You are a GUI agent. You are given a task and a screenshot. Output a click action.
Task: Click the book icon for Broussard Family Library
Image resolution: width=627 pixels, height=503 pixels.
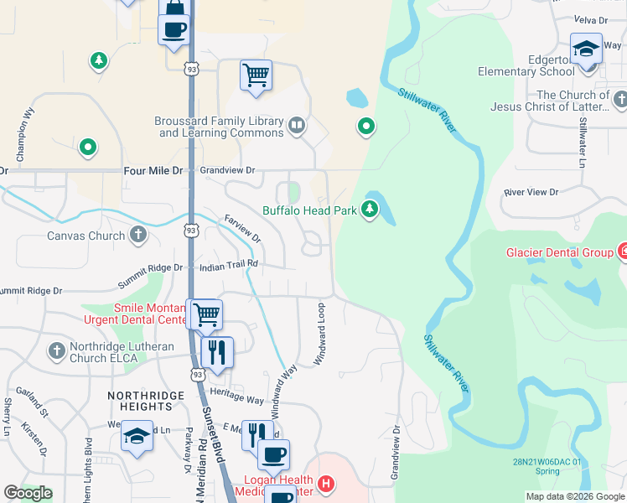click(295, 127)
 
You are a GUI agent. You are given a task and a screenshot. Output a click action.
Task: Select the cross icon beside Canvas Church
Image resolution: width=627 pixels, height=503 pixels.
click(139, 236)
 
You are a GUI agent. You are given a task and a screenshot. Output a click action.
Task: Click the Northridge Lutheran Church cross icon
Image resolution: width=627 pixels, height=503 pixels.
click(56, 350)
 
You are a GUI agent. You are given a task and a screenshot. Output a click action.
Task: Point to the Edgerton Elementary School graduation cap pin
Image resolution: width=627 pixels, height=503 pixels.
click(586, 49)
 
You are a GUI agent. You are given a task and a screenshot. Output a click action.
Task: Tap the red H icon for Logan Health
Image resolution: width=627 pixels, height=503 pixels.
click(326, 485)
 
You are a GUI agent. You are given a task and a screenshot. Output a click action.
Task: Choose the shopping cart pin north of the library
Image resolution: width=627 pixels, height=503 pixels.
click(256, 75)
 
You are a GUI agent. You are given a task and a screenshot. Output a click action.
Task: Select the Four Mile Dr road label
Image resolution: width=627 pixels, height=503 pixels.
click(152, 170)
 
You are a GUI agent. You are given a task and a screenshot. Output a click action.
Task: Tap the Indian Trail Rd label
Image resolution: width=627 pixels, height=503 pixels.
click(228, 265)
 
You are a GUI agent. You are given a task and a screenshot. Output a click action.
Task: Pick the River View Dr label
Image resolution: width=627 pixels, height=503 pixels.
click(531, 192)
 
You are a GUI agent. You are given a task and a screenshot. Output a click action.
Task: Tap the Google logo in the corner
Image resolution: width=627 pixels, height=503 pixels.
click(28, 493)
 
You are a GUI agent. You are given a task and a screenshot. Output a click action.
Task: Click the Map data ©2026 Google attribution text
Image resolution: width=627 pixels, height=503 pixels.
click(575, 496)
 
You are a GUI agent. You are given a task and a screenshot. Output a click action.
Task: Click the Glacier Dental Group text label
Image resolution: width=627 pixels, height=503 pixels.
click(559, 252)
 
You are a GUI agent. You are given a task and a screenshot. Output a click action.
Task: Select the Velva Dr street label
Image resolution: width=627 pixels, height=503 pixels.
click(589, 18)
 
